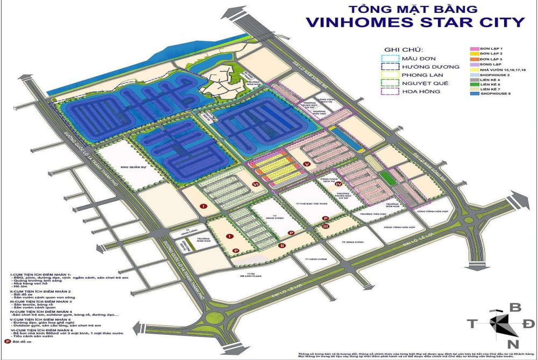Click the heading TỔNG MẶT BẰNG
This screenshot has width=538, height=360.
pyautogui.click(x=414, y=9)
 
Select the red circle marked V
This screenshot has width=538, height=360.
pyautogui.click(x=306, y=164)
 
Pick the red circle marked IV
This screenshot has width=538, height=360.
pyautogui.click(x=338, y=183)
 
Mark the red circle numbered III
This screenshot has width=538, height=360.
pyautogui.click(x=326, y=226)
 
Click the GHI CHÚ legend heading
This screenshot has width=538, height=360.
pyautogui.click(x=401, y=49)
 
